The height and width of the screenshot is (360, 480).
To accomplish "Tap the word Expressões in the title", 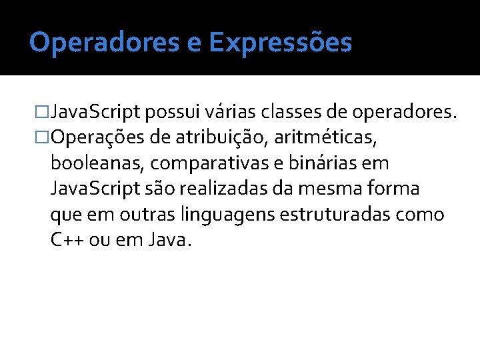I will [280, 43].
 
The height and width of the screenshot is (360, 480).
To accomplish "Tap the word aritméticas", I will [326, 137].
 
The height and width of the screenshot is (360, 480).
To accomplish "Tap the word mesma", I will [333, 189].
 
